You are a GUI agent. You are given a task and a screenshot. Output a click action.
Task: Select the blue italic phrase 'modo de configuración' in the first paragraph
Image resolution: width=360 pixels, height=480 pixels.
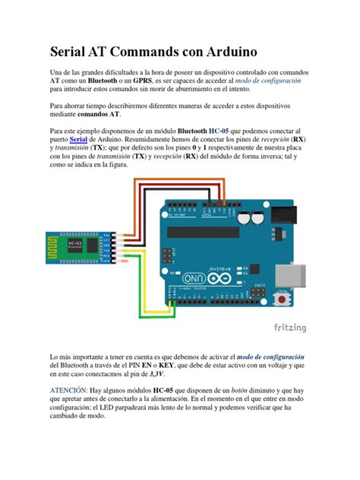(x=268, y=81)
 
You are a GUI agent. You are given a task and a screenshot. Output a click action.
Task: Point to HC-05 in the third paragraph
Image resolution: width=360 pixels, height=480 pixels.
(x=223, y=131)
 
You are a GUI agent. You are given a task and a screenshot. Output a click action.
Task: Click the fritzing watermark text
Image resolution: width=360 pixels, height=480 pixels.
(x=289, y=328)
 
